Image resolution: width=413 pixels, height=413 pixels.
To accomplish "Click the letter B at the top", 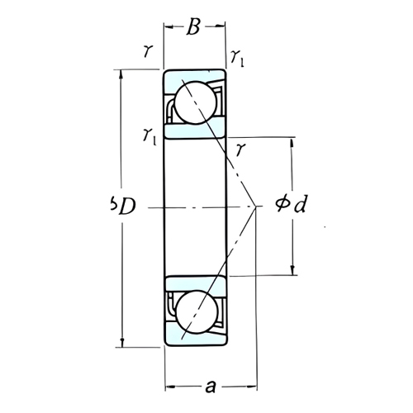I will tap(193, 27).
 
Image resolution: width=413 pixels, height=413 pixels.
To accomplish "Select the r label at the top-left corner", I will tap(147, 52).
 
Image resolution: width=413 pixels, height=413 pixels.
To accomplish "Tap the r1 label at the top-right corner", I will tap(238, 57).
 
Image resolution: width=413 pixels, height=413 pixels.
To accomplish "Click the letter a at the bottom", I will tap(211, 387).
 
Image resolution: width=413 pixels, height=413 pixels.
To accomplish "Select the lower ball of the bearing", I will tap(197, 311).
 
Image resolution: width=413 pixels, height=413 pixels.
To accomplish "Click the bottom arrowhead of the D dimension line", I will tap(122, 342).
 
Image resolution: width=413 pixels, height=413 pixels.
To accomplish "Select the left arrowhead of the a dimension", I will tap(169, 385).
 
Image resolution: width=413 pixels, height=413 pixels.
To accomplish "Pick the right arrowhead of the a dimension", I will tap(254, 385).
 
